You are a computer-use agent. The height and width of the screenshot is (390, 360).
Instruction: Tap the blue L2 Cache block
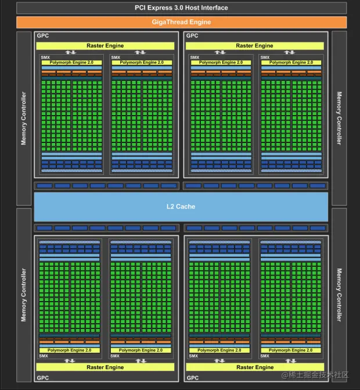pyautogui.click(x=181, y=206)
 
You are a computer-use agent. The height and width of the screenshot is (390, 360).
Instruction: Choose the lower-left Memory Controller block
pyautogui.click(x=24, y=294)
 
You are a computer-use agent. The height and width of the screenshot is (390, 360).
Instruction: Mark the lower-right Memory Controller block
pyautogui.click(x=339, y=294)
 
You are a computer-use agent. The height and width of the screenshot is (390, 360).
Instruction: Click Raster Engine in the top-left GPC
pyautogui.click(x=106, y=45)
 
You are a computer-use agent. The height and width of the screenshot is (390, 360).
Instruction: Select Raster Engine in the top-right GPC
pyautogui.click(x=254, y=45)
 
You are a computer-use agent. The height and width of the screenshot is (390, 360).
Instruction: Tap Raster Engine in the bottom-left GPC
pyautogui.click(x=106, y=367)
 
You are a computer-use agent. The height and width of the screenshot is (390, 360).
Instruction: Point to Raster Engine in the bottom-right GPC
pyautogui.click(x=254, y=367)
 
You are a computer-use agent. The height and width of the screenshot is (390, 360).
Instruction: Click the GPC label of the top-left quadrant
pyautogui.click(x=43, y=36)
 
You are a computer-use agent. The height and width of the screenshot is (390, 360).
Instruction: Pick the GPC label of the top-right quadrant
pyautogui.click(x=192, y=36)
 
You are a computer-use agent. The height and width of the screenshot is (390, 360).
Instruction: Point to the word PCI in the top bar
pyautogui.click(x=141, y=8)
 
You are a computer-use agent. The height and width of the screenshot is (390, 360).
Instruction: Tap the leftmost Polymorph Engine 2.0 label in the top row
pyautogui.click(x=71, y=62)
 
